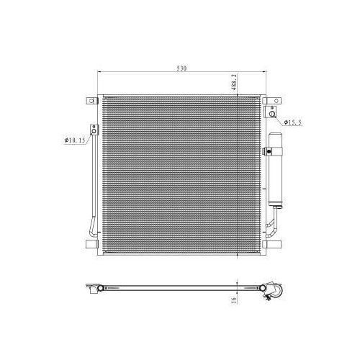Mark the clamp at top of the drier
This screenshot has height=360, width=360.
tap(268, 152)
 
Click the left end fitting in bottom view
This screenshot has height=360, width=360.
tap(94, 291)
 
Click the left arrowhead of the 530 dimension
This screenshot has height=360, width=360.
tap(100, 73)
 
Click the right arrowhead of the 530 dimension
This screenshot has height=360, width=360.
tap(262, 73)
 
